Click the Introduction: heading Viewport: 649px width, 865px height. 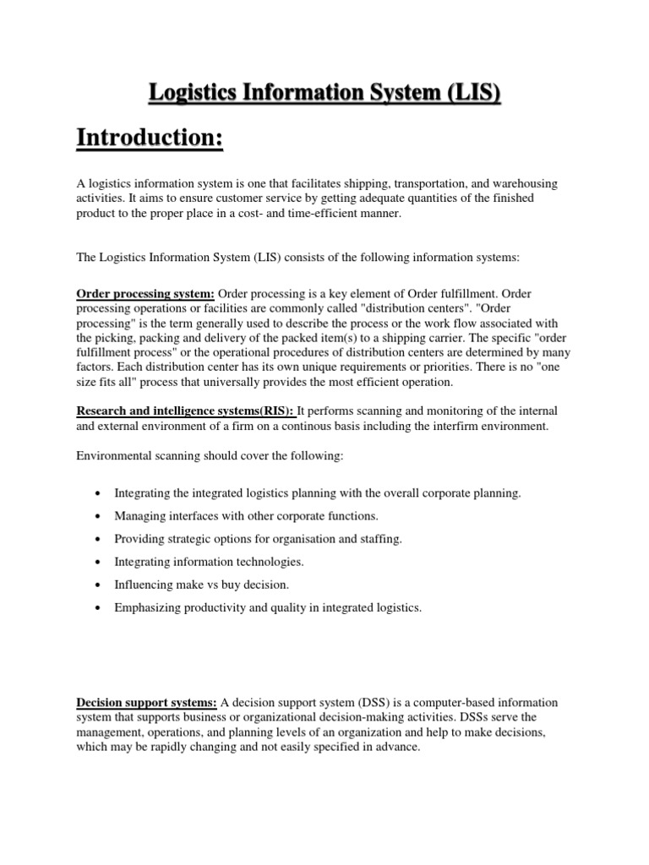[x=150, y=136]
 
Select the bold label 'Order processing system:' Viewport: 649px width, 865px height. [x=145, y=293]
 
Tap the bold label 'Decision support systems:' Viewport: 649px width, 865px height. [x=147, y=703]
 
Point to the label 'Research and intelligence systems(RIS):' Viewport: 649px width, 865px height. [x=186, y=411]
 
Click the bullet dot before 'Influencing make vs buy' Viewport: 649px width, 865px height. [x=100, y=585]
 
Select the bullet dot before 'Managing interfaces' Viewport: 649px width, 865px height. [x=100, y=515]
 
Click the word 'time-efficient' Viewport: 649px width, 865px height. [x=339, y=214]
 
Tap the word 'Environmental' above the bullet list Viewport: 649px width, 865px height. [x=114, y=456]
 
